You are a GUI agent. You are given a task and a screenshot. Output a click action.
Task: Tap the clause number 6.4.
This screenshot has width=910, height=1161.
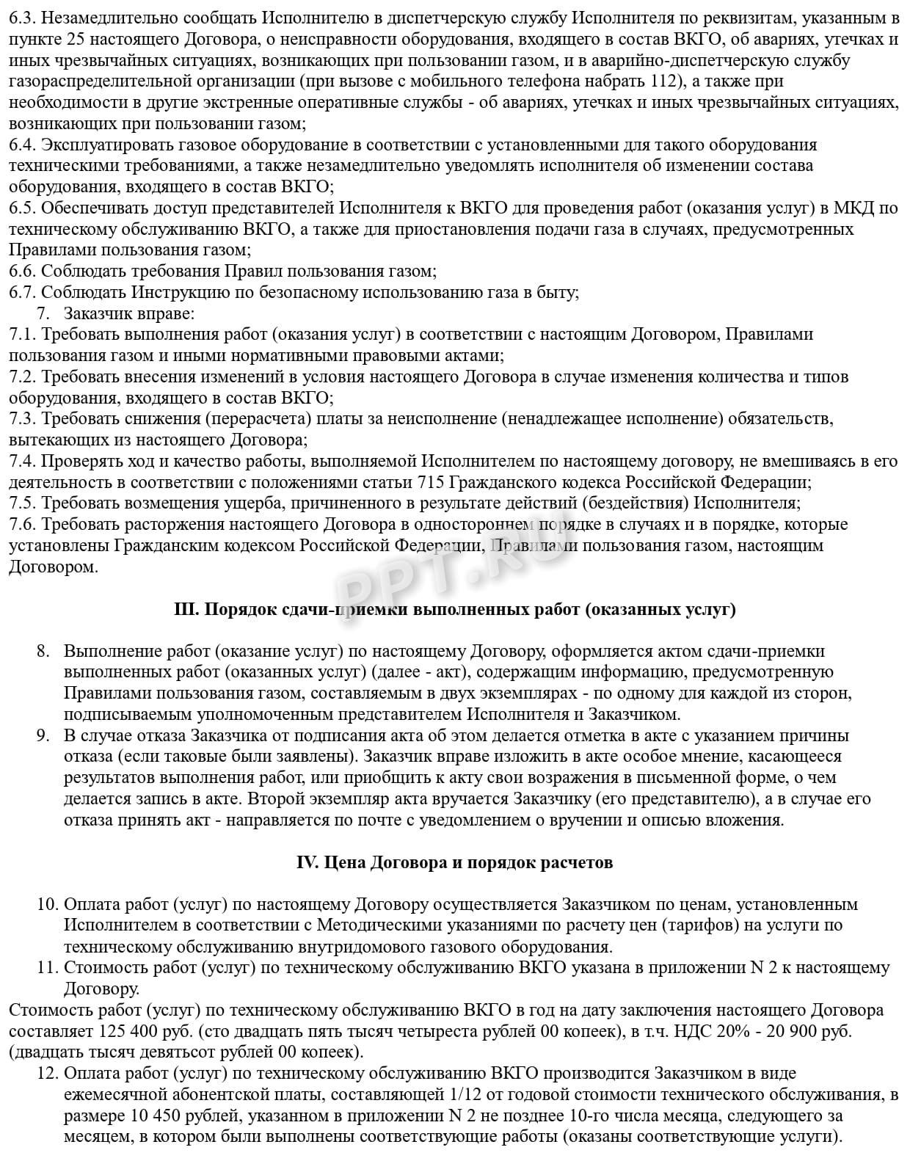pos(23,145)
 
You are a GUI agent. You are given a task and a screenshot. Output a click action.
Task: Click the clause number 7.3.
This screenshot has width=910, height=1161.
pos(23,419)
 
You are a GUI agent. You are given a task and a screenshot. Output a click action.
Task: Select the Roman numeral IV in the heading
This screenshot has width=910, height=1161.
pos(305,862)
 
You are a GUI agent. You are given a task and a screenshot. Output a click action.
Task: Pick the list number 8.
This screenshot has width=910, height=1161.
pos(43,651)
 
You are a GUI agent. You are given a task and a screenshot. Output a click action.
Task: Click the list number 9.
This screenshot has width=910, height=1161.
pos(43,735)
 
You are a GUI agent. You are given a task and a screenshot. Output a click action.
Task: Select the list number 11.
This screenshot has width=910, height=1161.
pos(47,968)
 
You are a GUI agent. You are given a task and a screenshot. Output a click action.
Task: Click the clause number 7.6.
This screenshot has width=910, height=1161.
pos(23,525)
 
